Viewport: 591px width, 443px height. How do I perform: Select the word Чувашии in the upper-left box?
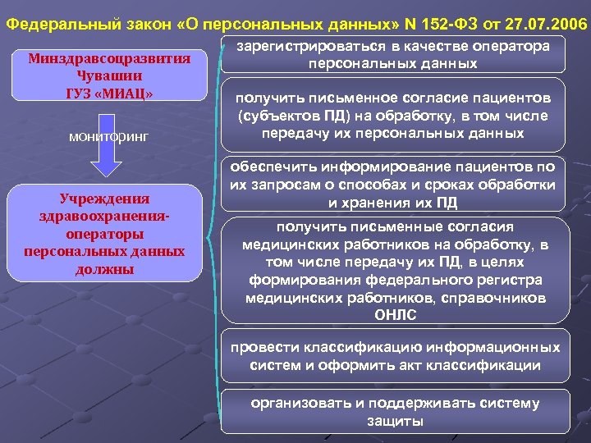point(110,75)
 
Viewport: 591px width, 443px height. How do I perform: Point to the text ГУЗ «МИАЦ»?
point(110,91)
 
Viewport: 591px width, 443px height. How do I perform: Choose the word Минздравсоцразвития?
point(110,58)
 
